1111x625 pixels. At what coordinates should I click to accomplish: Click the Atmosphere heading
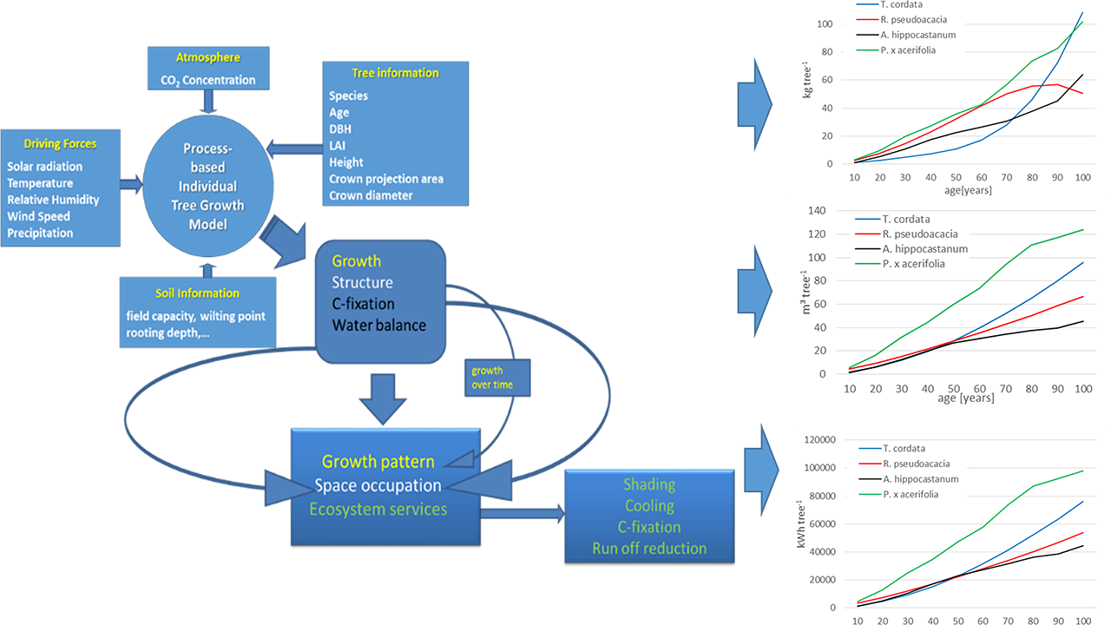tap(207, 57)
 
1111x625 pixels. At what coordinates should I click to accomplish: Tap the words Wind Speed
tap(39, 216)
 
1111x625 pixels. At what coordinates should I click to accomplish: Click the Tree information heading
tap(395, 73)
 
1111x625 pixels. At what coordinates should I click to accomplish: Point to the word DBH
tap(340, 129)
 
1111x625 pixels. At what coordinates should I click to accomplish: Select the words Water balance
tap(378, 326)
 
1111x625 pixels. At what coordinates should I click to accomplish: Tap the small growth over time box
tap(496, 378)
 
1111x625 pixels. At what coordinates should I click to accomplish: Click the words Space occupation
tap(378, 485)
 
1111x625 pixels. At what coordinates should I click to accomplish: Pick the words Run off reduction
tap(648, 548)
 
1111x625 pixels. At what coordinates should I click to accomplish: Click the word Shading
tap(648, 484)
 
